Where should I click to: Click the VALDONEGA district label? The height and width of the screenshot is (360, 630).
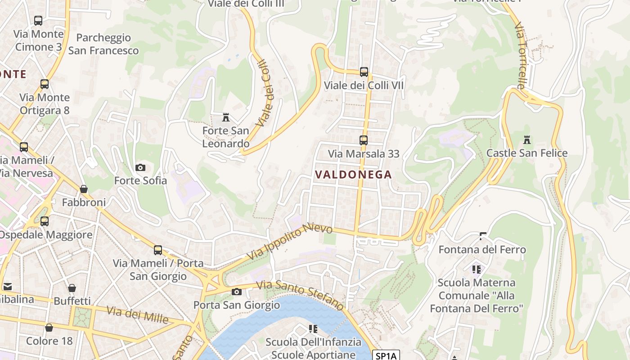pos(353,175)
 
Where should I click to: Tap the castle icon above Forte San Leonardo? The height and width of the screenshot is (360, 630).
pos(226,118)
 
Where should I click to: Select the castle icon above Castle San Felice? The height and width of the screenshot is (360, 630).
pos(527,140)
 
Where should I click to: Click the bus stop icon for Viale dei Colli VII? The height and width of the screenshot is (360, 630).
pos(364,72)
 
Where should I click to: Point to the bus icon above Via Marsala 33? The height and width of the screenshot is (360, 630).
pos(363,140)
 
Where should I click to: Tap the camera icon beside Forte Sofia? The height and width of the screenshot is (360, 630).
pos(140,168)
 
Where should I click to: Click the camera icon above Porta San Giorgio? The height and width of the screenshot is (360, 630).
pos(236,292)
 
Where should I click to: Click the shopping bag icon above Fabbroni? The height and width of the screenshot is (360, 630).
pos(84,189)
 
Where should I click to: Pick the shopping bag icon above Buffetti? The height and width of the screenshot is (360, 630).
pos(72,288)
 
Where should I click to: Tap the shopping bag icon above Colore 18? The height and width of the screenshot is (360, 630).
pos(49,328)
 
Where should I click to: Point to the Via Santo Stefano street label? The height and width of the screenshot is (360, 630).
pos(300,295)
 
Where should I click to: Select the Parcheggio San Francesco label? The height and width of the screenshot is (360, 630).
pos(103,44)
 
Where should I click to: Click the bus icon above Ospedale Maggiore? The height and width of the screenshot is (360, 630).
pos(44,221)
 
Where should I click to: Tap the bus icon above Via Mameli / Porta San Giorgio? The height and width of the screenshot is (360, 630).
pos(157,250)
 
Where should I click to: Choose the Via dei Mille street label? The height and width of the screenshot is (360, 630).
pos(138,314)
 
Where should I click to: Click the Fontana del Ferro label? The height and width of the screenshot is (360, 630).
pos(482,249)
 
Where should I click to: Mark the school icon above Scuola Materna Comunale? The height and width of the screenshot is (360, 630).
pos(477,270)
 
